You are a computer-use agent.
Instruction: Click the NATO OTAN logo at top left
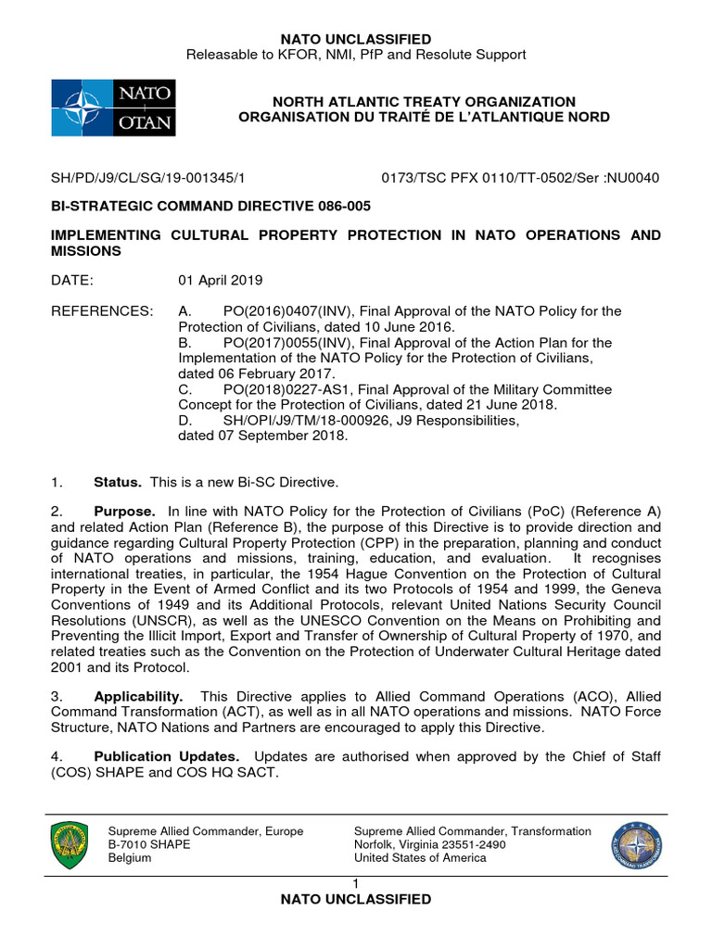coord(112,108)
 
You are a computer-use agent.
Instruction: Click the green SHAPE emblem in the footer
coord(69,843)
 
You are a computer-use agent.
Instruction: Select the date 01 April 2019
coord(221,280)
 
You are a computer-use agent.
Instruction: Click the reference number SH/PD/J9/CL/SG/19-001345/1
coord(147,178)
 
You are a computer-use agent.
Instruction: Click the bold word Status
coord(118,482)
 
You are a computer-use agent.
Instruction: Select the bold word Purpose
coord(123,512)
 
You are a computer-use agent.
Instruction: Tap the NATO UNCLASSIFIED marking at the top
coord(356,39)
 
